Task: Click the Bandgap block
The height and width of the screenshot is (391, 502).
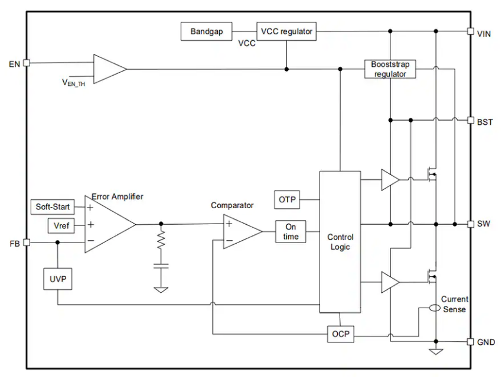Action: pyautogui.click(x=207, y=31)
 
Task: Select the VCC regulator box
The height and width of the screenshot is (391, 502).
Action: pyautogui.click(x=286, y=31)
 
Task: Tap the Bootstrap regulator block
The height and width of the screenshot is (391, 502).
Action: pyautogui.click(x=389, y=69)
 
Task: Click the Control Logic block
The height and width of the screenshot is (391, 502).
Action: pyautogui.click(x=340, y=242)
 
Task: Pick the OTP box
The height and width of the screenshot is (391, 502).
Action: pyautogui.click(x=287, y=200)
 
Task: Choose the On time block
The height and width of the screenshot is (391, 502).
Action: pyautogui.click(x=291, y=232)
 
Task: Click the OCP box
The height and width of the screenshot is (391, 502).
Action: pyautogui.click(x=340, y=334)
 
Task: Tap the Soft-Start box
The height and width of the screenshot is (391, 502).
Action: pyautogui.click(x=53, y=207)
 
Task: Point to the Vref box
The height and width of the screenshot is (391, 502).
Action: pyautogui.click(x=61, y=225)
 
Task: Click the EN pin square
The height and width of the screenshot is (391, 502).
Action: pyautogui.click(x=26, y=63)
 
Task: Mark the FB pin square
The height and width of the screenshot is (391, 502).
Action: pyautogui.click(x=26, y=242)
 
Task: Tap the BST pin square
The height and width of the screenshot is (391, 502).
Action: pyautogui.click(x=470, y=120)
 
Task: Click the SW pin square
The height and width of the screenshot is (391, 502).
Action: pyautogui.click(x=470, y=224)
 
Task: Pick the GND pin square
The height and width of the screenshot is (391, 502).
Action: pyautogui.click(x=470, y=342)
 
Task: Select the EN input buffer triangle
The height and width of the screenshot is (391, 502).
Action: pyautogui.click(x=108, y=69)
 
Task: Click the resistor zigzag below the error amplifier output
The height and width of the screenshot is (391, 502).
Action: pyautogui.click(x=161, y=240)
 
